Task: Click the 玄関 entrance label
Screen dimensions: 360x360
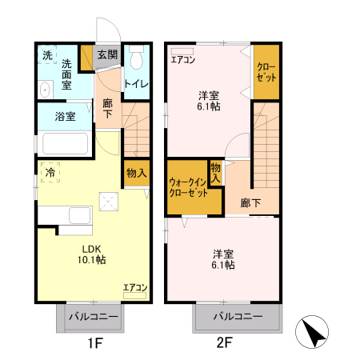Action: tap(107, 55)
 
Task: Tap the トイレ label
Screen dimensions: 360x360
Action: tap(136, 82)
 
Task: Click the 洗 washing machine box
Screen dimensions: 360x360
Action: tap(46, 55)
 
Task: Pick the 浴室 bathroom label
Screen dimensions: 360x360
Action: tap(65, 117)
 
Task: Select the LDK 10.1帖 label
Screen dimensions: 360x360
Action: tap(90, 254)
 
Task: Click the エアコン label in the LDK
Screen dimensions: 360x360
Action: tap(134, 287)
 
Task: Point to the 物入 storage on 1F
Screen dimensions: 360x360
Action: tap(136, 173)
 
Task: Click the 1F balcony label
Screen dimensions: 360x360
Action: tap(92, 318)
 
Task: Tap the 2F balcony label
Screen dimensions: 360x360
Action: tap(237, 318)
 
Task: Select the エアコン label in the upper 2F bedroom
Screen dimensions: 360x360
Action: tap(183, 58)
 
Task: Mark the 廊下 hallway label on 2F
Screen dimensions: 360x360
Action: tap(250, 203)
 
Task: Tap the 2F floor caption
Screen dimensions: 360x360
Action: tap(223, 346)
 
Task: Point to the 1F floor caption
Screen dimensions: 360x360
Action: tap(94, 346)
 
